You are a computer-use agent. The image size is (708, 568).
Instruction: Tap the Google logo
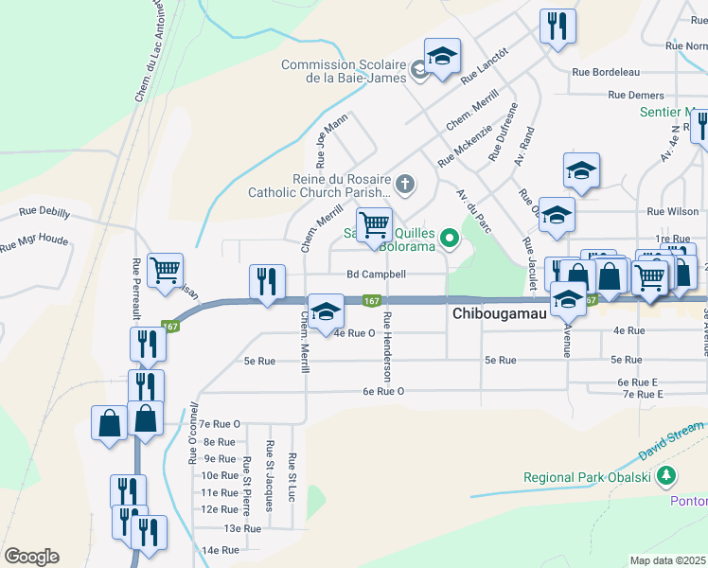[x=31, y=557]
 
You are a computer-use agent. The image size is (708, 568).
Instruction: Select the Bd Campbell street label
[x=376, y=275]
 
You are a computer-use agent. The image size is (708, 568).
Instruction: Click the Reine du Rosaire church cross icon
[x=404, y=183]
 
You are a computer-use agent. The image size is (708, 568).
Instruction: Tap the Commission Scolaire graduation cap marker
[x=442, y=58]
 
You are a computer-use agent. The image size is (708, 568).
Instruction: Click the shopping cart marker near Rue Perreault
[x=166, y=270]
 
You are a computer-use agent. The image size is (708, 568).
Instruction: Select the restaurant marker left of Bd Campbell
[x=267, y=281]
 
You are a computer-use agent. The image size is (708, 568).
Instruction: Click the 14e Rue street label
[x=217, y=549]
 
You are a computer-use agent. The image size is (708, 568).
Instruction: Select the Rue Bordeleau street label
[x=606, y=71]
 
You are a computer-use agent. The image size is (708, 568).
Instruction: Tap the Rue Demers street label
[x=636, y=95]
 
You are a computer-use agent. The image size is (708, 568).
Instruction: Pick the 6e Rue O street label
[x=383, y=391]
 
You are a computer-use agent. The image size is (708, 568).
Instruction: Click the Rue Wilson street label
[x=673, y=212]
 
